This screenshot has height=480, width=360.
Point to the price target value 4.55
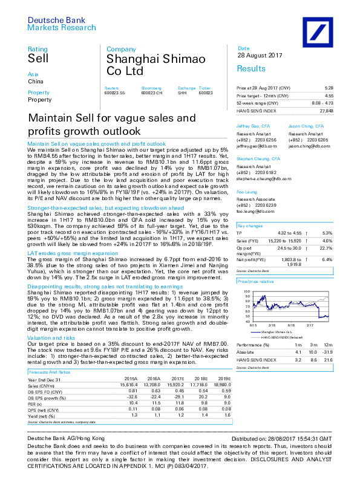coord(329,96)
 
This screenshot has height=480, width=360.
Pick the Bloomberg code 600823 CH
coord(151,92)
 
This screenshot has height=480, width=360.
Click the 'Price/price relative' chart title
coord(256,282)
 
